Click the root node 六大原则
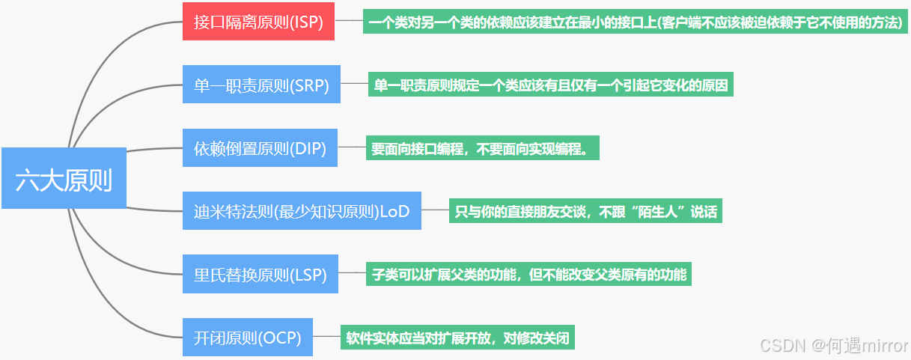pos(64,180)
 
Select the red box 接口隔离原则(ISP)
pos(258,22)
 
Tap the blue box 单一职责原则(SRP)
pos(261,85)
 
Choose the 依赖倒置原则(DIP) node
pos(260,148)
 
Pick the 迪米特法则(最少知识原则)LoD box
pos(302,211)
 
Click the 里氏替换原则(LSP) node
pos(260,275)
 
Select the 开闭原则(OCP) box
pos(248,338)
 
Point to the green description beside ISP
pos(635,22)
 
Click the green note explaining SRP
pos(550,85)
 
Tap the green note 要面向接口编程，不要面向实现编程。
pos(483,148)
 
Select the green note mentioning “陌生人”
pos(586,211)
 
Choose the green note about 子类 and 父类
pos(528,274)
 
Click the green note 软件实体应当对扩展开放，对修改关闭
pos(457,338)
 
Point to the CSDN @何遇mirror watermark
pos(833,345)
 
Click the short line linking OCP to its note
pos(326,338)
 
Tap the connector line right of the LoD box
pos(434,211)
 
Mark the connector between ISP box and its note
pos(348,22)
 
